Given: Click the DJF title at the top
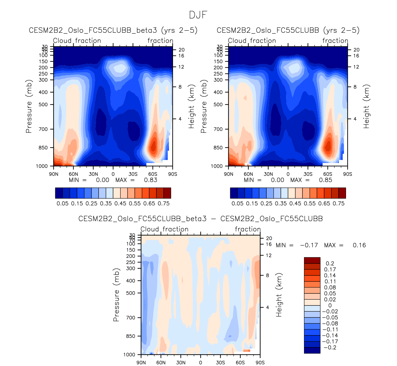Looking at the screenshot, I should [198, 15].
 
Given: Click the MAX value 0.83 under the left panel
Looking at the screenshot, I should [151, 180].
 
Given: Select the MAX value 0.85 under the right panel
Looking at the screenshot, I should [326, 180].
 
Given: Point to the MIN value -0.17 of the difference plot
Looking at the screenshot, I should [309, 245].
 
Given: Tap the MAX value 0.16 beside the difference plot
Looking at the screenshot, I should [359, 245].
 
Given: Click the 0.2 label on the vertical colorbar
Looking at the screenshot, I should [330, 263].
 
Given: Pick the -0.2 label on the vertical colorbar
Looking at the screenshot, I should [329, 347].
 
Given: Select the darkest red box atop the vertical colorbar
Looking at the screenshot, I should [312, 260].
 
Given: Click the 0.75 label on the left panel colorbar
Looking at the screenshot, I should [164, 204].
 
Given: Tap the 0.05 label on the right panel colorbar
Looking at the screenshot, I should [237, 204].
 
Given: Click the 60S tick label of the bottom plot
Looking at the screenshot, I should [240, 363].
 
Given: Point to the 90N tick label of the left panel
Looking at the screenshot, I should [54, 174].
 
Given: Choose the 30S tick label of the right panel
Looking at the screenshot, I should [308, 174].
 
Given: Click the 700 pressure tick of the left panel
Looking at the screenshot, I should [44, 129].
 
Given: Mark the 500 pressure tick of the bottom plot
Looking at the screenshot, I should [131, 293].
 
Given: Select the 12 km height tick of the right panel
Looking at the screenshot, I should [356, 67].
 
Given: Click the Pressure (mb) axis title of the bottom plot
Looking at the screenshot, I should [116, 295].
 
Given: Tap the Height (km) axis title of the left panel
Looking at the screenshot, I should [192, 107].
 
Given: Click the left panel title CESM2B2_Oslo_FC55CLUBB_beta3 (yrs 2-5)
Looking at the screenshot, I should [113, 30].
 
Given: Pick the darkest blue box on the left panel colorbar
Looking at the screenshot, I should [59, 193].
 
